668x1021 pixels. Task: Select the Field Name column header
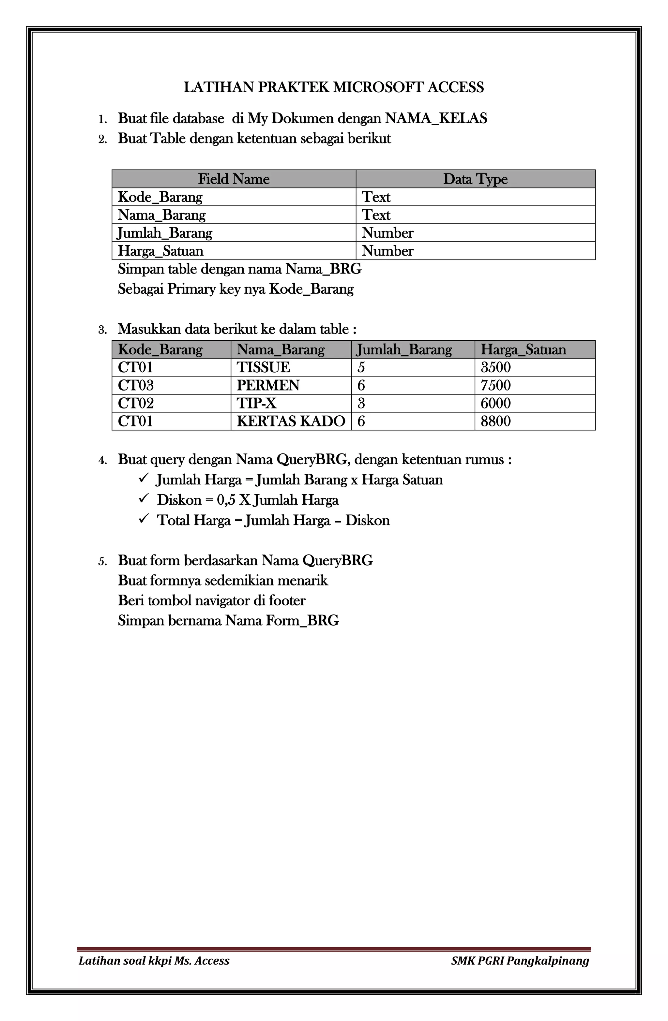point(234,179)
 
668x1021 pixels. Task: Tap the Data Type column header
point(475,179)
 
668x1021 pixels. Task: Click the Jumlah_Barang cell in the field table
point(165,233)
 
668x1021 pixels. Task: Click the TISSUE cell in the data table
point(263,368)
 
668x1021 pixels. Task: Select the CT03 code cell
point(136,386)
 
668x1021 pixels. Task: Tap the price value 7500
point(495,386)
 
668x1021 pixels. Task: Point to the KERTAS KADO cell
point(291,421)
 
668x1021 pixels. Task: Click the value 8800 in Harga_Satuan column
point(495,421)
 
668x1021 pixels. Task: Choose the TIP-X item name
point(256,403)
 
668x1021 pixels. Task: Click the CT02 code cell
point(136,403)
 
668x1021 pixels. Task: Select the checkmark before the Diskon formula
point(144,498)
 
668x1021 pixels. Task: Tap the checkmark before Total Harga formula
point(144,519)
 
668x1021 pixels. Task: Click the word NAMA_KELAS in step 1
point(436,118)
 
